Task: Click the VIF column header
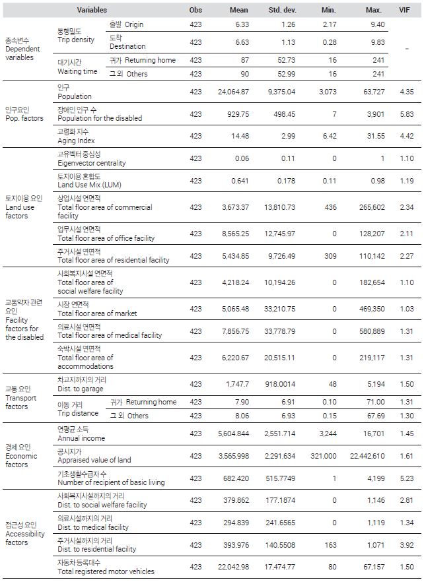pos(404,10)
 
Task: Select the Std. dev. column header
pos(283,10)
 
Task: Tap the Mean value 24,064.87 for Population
pos(233,92)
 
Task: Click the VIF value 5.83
pos(407,114)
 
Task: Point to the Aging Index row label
pos(76,141)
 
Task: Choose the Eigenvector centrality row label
pos(91,163)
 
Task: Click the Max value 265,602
pos(372,207)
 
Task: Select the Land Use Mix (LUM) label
pos(89,185)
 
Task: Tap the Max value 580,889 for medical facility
pos(372,331)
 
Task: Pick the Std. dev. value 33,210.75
pos(280,309)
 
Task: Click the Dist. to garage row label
pos(81,389)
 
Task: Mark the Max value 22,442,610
pos(367,456)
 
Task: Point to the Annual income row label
pos(81,438)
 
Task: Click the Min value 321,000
pos(324,456)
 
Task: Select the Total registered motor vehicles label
pos(106,571)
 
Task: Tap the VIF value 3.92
pos(407,545)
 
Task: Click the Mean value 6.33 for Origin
pos(242,24)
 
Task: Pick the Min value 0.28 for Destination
pos(330,42)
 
